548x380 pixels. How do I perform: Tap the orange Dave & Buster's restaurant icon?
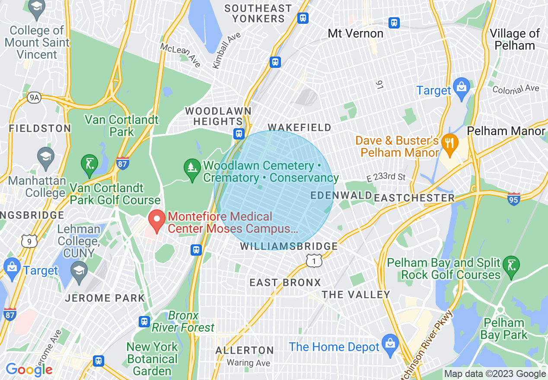click(450, 146)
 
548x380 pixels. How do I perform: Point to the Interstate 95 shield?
click(513, 199)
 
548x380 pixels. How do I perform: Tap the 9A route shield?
click(34, 98)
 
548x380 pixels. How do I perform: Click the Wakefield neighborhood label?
click(299, 127)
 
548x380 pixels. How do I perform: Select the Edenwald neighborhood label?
click(341, 195)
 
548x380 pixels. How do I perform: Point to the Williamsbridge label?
click(289, 246)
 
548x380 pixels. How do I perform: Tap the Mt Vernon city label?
click(355, 33)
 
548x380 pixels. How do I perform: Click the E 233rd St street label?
click(386, 177)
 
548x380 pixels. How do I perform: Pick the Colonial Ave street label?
click(516, 89)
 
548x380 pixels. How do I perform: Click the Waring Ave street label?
click(249, 363)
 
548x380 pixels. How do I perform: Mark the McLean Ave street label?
click(180, 55)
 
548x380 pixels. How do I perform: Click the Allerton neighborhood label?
click(245, 350)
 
